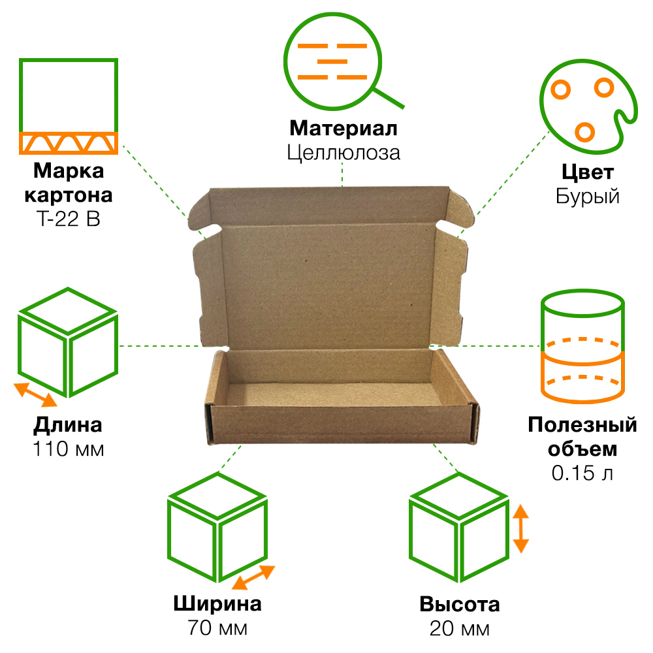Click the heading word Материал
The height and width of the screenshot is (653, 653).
(x=343, y=127)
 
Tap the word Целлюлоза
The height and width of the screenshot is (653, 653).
(x=343, y=152)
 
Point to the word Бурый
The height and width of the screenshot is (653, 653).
(x=587, y=197)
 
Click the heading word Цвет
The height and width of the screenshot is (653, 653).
(x=587, y=172)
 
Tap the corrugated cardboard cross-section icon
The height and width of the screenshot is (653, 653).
(x=68, y=106)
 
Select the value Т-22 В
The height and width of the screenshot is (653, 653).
(x=68, y=220)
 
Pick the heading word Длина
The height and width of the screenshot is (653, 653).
(x=68, y=426)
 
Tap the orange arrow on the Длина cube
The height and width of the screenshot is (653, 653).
(x=36, y=394)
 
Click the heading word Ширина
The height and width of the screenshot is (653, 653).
(x=217, y=603)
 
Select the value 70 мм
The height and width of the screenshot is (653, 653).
(x=217, y=628)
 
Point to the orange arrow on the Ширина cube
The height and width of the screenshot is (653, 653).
(x=253, y=577)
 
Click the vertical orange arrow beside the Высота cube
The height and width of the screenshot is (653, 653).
(x=520, y=528)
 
